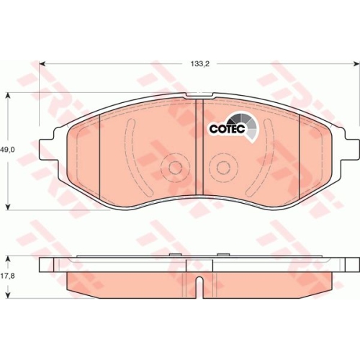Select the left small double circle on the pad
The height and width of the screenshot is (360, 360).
[173, 167]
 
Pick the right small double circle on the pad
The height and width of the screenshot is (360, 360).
[220, 167]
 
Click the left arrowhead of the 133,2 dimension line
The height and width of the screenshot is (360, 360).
[42, 64]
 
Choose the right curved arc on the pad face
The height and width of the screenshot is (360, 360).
[269, 155]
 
